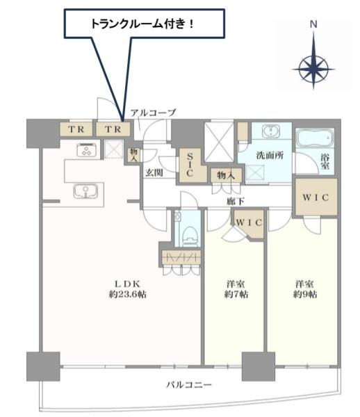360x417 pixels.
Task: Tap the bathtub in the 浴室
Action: pyautogui.click(x=315, y=138)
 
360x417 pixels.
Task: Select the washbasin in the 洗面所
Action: pyautogui.click(x=271, y=131)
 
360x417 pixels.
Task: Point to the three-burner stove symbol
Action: pyautogui.click(x=87, y=150)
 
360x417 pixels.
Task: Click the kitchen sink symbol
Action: pyautogui.click(x=85, y=190)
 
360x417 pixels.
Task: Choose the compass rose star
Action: pyautogui.click(x=313, y=69)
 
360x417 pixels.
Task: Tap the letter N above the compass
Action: pyautogui.click(x=313, y=24)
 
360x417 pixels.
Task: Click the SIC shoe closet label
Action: pyautogui.click(x=190, y=165)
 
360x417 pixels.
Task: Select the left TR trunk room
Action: pyautogui.click(x=76, y=129)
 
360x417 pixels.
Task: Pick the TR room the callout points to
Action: pyautogui.click(x=113, y=129)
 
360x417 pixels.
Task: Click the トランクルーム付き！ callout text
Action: pyautogui.click(x=142, y=24)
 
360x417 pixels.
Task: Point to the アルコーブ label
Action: pyautogui.click(x=153, y=113)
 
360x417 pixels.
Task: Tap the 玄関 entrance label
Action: pyautogui.click(x=154, y=173)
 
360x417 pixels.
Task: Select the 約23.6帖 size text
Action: pyautogui.click(x=128, y=294)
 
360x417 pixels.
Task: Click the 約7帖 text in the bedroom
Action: pyautogui.click(x=236, y=294)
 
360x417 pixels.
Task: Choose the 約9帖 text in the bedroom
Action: pyautogui.click(x=305, y=294)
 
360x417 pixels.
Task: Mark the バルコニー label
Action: pyautogui.click(x=189, y=384)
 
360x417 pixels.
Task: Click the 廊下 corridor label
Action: pyautogui.click(x=236, y=201)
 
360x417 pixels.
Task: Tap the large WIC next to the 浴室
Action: pyautogui.click(x=316, y=197)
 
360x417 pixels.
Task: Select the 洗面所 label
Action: pyautogui.click(x=270, y=155)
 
